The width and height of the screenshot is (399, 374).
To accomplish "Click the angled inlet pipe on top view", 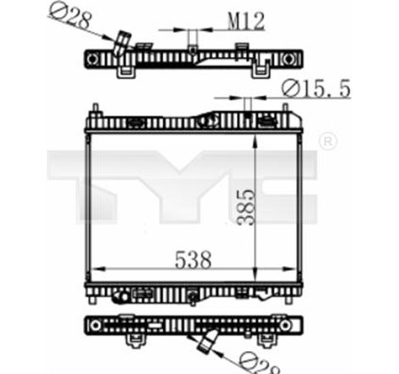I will coord(122,43).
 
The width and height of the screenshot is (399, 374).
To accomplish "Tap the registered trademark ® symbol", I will coord(325,139).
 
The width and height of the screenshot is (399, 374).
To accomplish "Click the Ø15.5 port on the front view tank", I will coord(247,105).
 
